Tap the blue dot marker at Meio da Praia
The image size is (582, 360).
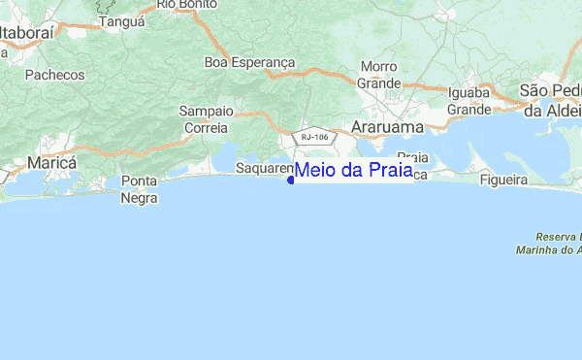(291, 180)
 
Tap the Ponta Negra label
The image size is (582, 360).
(139, 189)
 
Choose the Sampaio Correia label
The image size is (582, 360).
(204, 119)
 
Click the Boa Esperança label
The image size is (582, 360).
(249, 62)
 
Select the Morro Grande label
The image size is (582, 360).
(379, 75)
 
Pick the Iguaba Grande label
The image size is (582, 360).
(469, 101)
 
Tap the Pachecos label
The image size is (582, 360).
(54, 74)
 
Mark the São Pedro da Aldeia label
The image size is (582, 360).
(551, 100)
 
